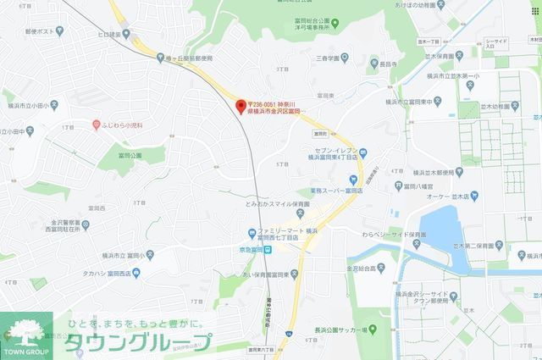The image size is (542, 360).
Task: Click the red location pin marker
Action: tap(240, 106)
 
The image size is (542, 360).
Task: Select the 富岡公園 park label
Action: tap(130, 156)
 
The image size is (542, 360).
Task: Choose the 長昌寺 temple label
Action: tap(389, 64)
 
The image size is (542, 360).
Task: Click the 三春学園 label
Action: tap(328, 58)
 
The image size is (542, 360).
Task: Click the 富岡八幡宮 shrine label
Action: tap(418, 182)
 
